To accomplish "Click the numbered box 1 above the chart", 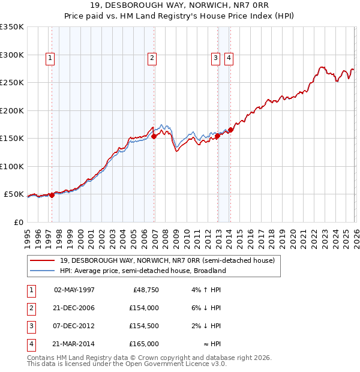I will click(x=49, y=58).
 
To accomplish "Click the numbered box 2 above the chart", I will click(x=152, y=58).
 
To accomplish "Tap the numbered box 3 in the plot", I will click(x=215, y=58).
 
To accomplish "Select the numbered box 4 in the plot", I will click(x=229, y=58).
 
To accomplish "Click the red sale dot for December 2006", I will click(x=154, y=136).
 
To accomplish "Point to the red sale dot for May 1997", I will click(x=52, y=195).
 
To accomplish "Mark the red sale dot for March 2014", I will click(x=231, y=130).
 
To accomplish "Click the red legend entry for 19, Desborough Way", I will click(x=167, y=260).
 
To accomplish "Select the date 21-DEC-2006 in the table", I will click(x=74, y=308).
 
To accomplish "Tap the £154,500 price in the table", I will click(x=144, y=326).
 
